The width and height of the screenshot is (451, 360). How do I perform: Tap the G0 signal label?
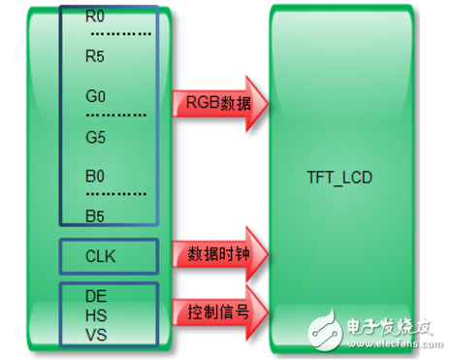pos(95,98)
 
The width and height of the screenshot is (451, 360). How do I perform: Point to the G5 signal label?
pos(95,137)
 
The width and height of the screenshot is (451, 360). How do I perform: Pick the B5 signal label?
pos(94,214)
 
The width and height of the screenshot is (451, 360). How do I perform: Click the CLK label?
pos(99,256)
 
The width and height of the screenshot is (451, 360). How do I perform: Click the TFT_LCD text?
pos(338,180)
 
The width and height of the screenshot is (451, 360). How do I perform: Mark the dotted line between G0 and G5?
pos(116,115)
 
